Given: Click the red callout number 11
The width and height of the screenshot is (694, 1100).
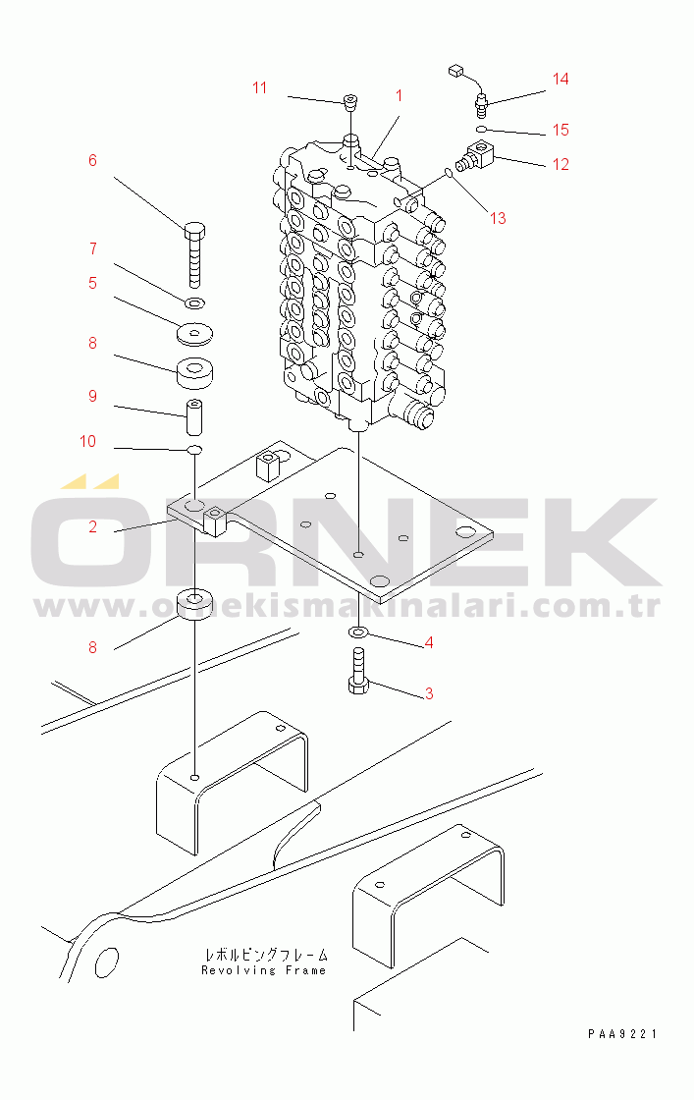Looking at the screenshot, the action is tap(259, 87).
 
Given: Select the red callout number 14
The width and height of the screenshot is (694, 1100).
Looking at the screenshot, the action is tap(561, 79).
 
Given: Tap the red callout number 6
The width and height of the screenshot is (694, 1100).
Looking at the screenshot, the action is tap(92, 161).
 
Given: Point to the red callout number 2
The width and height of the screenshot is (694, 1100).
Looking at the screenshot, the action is tap(92, 526).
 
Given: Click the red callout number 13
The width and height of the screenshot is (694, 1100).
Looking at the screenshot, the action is tap(498, 218).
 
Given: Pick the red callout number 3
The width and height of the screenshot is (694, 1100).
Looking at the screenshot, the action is tap(429, 693).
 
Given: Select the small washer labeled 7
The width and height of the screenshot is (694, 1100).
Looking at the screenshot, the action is tap(195, 303).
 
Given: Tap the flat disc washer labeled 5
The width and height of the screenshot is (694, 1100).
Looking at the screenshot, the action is tap(195, 334).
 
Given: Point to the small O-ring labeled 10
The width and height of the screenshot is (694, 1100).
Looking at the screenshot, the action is tap(195, 449).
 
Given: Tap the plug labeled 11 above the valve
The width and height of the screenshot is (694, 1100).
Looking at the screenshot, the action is tap(350, 102).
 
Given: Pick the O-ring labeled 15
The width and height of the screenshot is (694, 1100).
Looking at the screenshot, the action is tap(481, 129).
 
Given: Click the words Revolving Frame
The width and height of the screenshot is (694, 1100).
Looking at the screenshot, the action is tap(264, 970).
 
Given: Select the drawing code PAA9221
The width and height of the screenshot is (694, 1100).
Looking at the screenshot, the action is tap(622, 1033).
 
